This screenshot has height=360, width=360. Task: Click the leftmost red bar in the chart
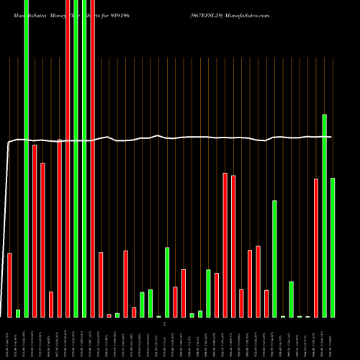coord(10,284)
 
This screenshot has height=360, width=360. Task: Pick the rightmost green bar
coord(333,247)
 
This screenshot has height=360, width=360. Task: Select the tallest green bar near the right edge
coord(324,215)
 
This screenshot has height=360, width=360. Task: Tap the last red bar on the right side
coord(316,248)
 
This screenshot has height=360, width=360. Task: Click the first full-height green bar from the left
coord(27,158)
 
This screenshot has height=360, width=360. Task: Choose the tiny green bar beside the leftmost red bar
coord(18,313)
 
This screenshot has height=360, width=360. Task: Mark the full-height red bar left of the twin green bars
coord(68,158)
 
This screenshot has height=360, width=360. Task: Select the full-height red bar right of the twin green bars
coord(93,158)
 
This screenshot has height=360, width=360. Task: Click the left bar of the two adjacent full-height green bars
coord(76,158)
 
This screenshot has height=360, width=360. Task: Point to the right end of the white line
coord(331,137)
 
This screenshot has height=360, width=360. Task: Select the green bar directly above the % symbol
coord(167,282)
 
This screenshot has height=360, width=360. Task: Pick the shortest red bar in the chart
coord(109,315)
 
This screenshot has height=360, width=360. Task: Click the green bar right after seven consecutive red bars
coord(274,258)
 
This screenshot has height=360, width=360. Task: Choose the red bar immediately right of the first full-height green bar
coord(35,230)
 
